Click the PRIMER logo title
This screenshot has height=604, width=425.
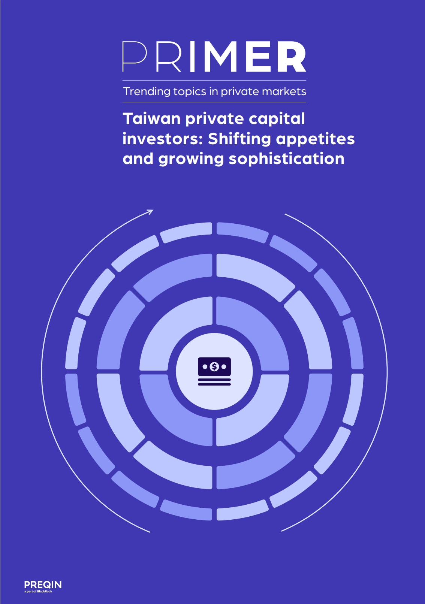click(x=214, y=57)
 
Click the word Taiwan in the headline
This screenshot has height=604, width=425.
click(x=152, y=119)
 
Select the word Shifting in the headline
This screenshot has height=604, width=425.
click(x=239, y=139)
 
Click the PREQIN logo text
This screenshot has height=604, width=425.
click(x=43, y=585)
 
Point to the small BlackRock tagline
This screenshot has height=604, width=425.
click(x=38, y=592)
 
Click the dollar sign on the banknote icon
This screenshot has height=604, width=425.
click(x=214, y=366)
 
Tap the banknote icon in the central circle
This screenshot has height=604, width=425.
click(x=214, y=371)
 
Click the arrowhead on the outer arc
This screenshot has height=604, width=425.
click(x=151, y=212)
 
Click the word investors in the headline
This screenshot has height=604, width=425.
click(x=163, y=139)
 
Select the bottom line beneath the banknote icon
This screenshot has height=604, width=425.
click(x=214, y=384)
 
